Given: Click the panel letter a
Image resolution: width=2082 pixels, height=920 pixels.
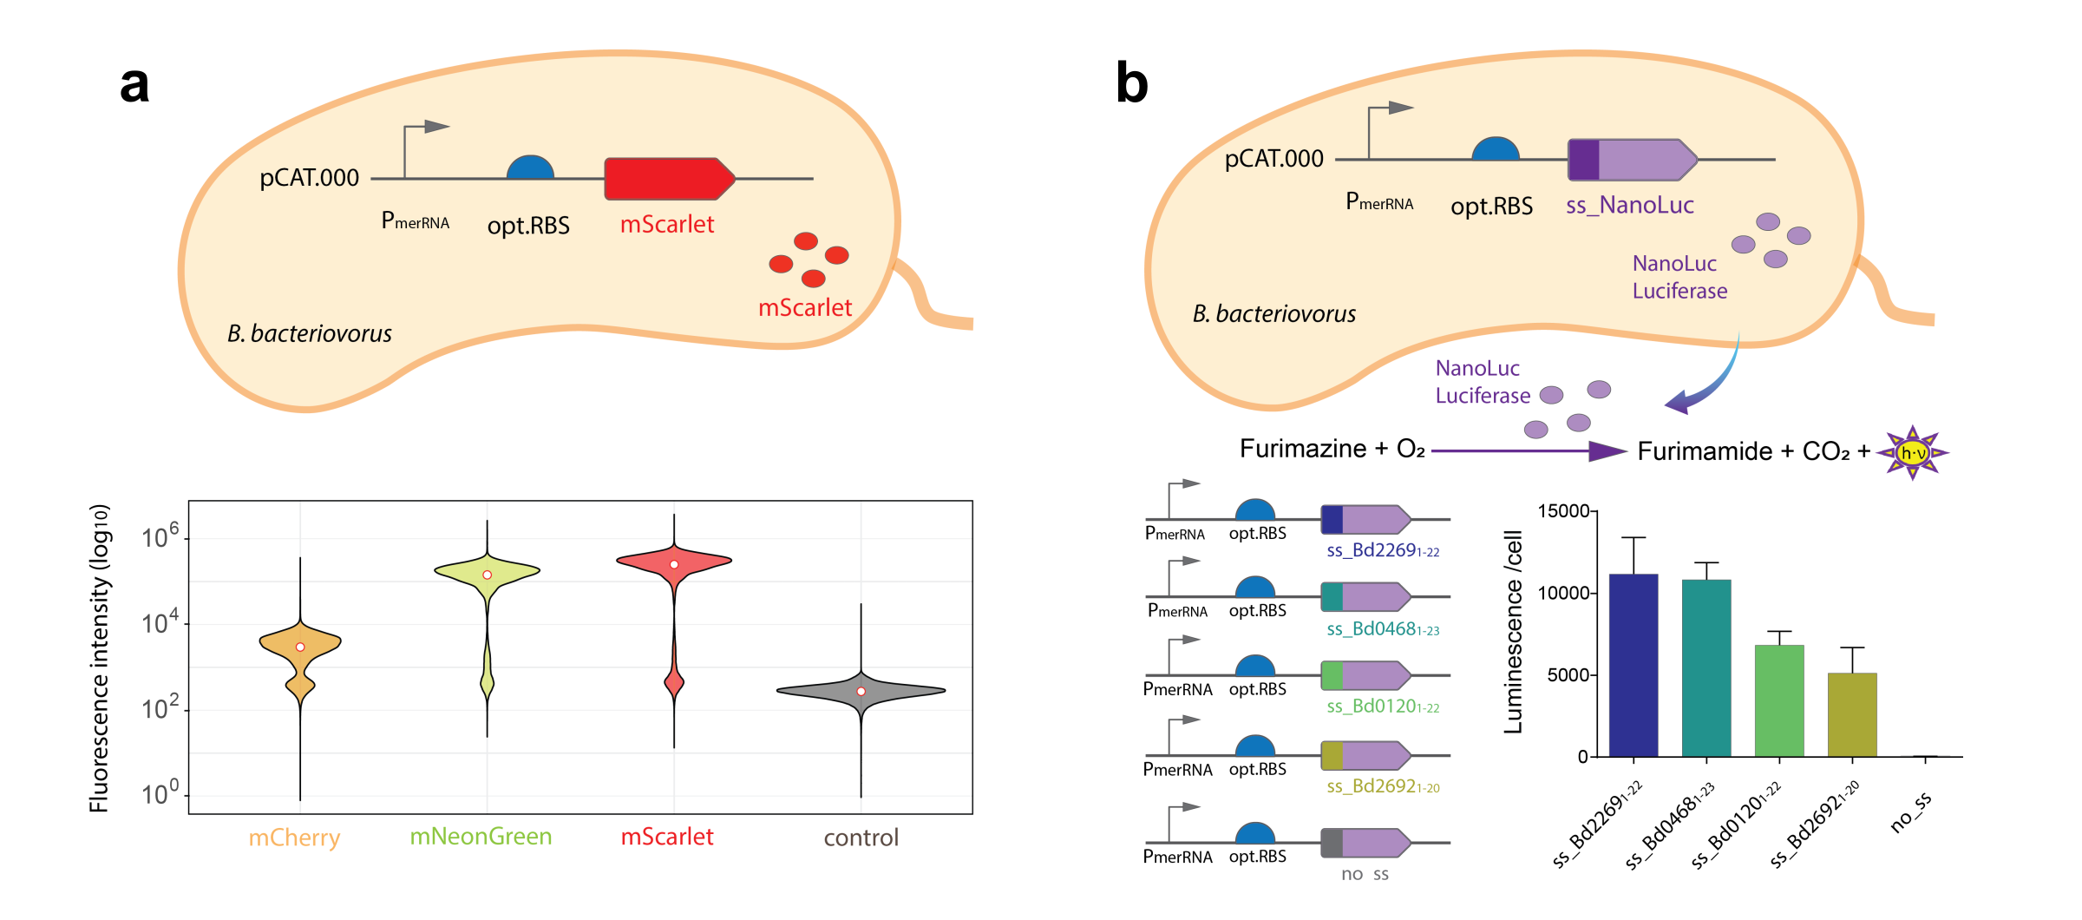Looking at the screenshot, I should click(x=134, y=85).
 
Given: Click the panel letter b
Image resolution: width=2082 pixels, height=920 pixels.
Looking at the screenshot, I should click(x=1131, y=83).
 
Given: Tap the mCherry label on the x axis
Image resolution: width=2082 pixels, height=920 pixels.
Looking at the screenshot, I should click(x=294, y=838).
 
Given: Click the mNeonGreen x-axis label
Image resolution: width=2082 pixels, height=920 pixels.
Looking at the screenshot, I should click(x=481, y=837).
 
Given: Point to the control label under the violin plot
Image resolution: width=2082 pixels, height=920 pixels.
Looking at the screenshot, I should click(x=861, y=838).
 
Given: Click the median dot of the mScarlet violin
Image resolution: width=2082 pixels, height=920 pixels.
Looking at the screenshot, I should click(x=674, y=565).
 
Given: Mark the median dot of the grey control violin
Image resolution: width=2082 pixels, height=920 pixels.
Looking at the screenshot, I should click(x=861, y=692).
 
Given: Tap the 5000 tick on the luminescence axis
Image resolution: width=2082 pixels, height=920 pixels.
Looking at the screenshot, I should click(x=1568, y=675).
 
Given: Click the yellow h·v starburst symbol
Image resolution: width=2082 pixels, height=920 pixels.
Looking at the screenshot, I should click(x=1912, y=453).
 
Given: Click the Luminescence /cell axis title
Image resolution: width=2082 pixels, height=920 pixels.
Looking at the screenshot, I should click(x=1513, y=632).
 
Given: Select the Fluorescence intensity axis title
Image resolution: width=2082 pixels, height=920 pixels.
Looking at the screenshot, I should click(x=100, y=658).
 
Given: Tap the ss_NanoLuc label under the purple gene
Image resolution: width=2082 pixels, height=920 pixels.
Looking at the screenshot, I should click(x=1629, y=206).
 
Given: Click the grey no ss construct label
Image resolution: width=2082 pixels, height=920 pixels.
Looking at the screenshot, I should click(x=1365, y=874).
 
